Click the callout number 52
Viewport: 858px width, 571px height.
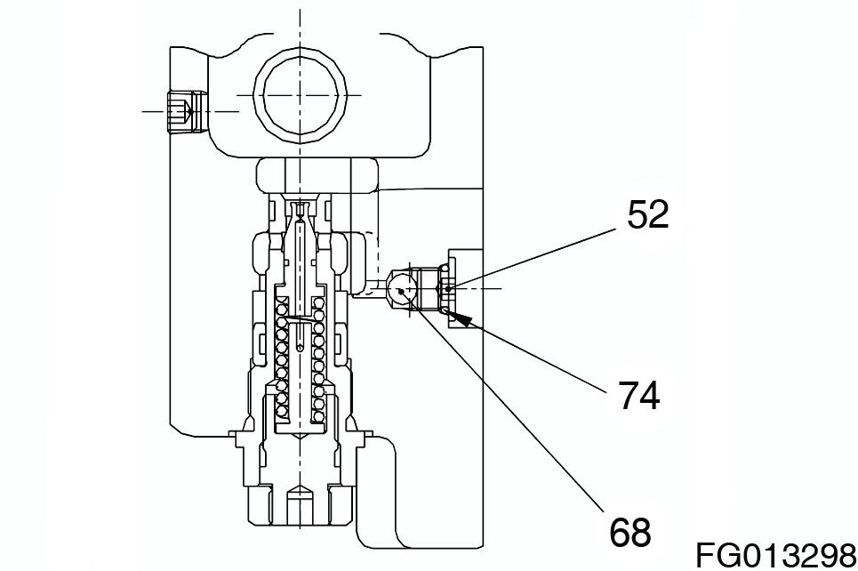[x=648, y=214]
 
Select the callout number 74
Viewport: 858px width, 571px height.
[x=639, y=395]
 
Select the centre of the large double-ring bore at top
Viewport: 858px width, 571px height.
[x=300, y=95]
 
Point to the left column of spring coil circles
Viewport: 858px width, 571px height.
[x=282, y=359]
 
